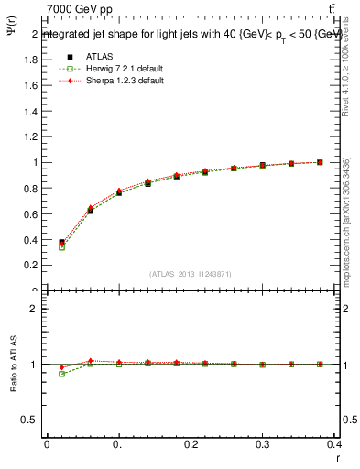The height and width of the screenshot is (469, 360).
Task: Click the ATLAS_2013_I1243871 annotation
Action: point(191,274)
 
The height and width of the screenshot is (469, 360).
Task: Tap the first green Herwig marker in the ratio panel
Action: point(61,374)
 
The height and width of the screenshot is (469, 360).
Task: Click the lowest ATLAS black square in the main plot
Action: point(61,243)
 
